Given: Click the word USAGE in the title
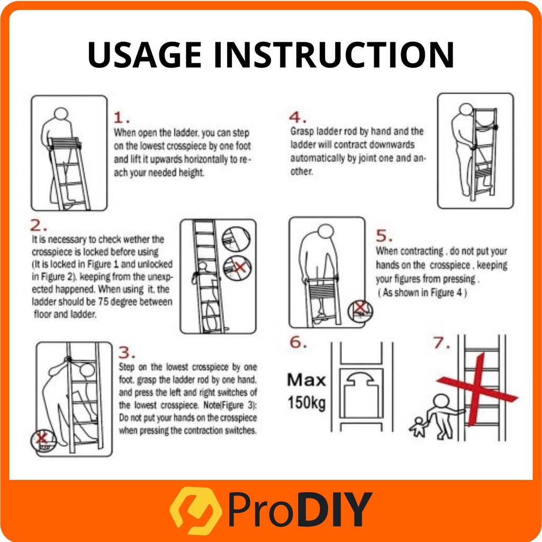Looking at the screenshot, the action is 144,55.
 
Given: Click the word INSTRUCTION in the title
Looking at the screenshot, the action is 333,55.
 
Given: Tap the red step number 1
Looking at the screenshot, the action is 122,118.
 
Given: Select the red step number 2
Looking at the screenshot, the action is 38,225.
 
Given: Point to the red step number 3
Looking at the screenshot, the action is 127,353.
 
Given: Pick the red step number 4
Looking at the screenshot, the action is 297,118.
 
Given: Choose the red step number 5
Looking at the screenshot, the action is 384,236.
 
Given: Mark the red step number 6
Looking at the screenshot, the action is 298,342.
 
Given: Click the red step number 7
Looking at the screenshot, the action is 441,342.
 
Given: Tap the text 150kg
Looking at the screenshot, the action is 306,403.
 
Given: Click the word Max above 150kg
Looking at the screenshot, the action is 306,380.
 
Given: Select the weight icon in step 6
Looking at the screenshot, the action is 361,394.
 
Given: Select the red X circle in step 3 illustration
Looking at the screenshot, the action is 43,440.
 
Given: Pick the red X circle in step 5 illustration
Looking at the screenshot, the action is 360,311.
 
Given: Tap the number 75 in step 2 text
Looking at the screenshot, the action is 103,302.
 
